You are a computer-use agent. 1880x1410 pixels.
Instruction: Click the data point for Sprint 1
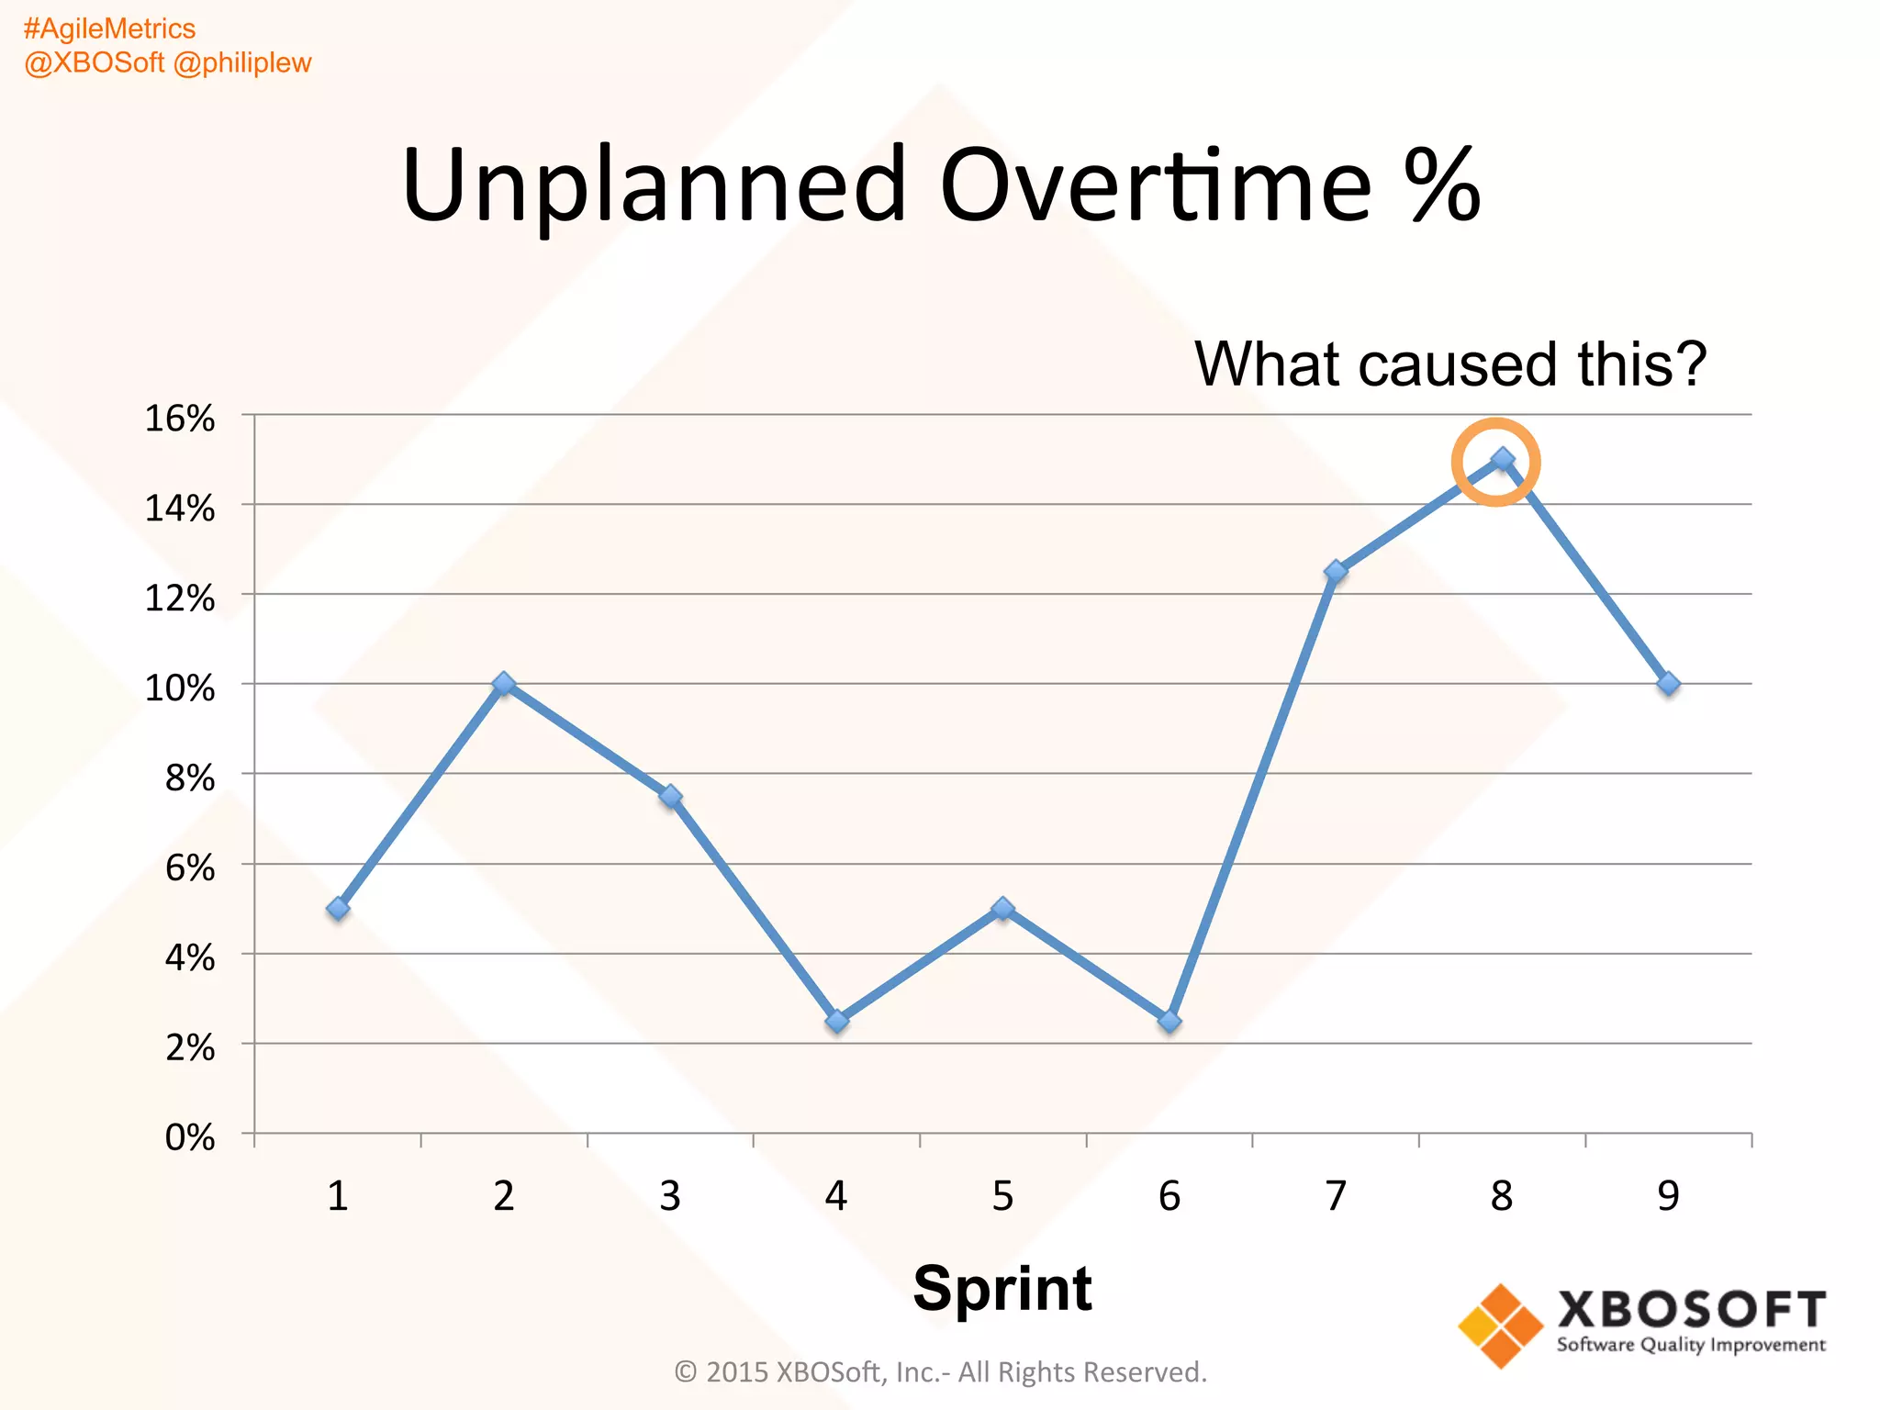coord(338,909)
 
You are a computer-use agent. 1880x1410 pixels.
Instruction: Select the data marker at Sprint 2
coord(504,684)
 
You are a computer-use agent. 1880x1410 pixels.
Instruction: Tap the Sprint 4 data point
coord(836,1021)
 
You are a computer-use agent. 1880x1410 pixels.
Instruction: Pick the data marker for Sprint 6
coord(1169,1021)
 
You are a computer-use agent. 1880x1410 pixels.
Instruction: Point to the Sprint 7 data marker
coord(1336,572)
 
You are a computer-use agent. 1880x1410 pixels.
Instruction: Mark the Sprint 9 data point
coord(1669,684)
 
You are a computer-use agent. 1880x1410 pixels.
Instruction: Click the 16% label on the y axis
coord(180,419)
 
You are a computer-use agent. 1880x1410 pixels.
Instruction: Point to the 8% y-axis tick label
coord(190,778)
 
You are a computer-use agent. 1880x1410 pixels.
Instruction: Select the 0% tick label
coord(190,1138)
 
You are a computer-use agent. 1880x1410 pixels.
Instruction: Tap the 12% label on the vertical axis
coord(180,599)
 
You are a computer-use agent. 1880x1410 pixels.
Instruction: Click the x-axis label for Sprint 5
coord(1002,1196)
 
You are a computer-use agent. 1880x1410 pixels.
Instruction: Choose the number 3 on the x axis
coord(670,1196)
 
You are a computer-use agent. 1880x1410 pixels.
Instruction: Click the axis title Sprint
coord(1002,1288)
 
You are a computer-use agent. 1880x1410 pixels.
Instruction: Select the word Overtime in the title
coord(1156,185)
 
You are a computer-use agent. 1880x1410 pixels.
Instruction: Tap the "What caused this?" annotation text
coord(1449,364)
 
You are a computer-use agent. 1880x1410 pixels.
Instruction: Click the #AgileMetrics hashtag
coord(109,29)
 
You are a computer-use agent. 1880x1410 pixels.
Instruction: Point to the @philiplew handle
coord(242,63)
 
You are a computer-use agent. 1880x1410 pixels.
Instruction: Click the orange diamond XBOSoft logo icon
coord(1501,1325)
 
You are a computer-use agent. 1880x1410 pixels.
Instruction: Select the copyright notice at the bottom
coord(940,1371)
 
